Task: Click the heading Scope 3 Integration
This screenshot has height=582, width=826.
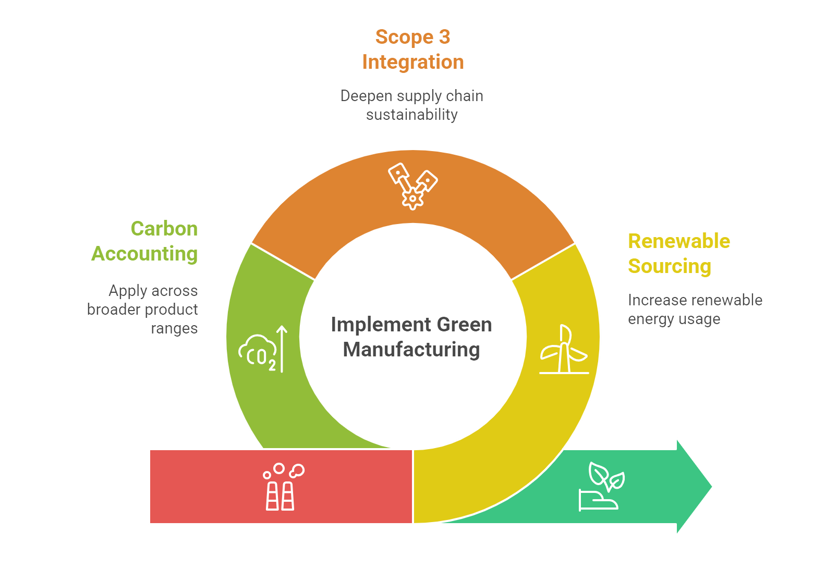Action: [412, 49]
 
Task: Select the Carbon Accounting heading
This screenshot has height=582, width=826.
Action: [145, 241]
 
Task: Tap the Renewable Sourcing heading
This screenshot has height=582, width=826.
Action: [678, 254]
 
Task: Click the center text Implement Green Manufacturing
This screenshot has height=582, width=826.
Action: [411, 337]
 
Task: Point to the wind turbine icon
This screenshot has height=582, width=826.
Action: [564, 350]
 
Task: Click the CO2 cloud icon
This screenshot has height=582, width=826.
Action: [258, 352]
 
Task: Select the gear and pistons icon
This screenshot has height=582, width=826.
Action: [412, 186]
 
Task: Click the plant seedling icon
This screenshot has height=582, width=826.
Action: [601, 487]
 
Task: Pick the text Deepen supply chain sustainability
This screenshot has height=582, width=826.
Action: [411, 105]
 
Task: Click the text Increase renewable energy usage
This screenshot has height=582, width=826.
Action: [695, 309]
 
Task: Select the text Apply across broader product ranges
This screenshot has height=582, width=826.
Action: [143, 309]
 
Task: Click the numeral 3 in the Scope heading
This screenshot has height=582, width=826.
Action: [444, 37]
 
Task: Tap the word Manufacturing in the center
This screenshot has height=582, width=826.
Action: [411, 350]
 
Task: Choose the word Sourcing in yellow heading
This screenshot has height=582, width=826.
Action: [670, 266]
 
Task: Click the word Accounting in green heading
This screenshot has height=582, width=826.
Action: [145, 254]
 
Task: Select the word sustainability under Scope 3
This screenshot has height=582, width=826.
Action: [411, 115]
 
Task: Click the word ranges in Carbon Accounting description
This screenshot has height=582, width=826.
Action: [174, 329]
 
